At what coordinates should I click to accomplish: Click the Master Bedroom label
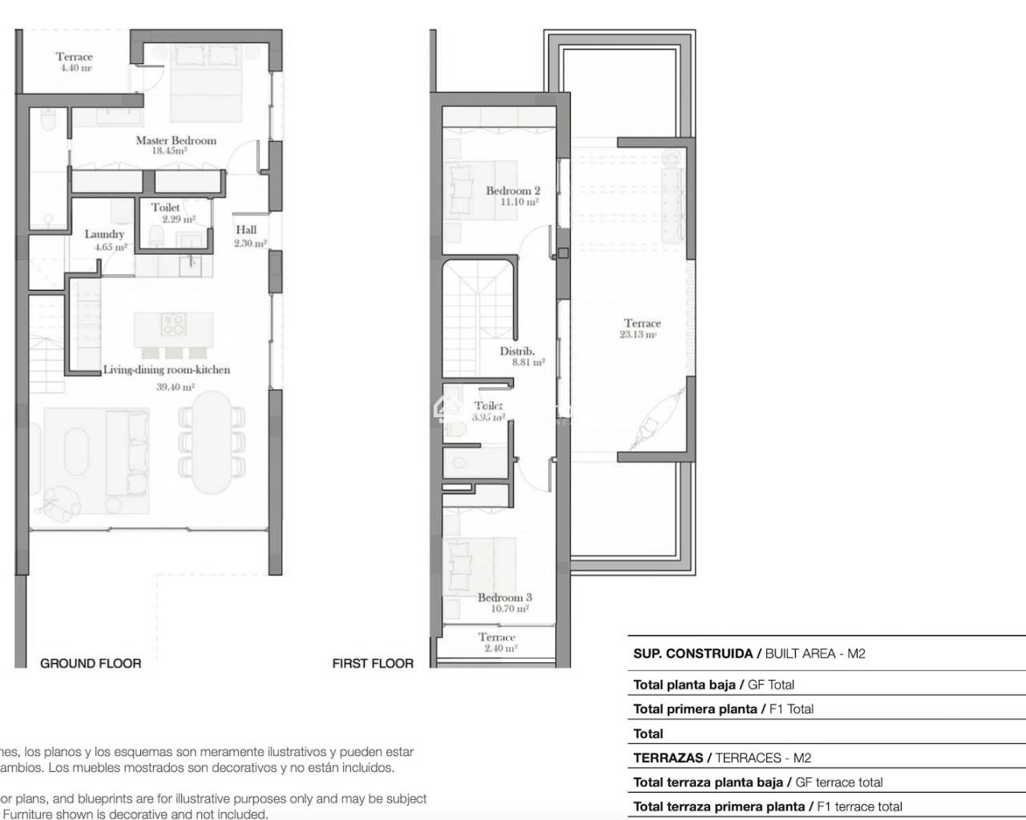[176, 140]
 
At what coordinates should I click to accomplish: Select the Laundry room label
[104, 235]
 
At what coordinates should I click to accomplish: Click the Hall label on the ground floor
[246, 230]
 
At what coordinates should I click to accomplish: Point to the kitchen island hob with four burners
[174, 324]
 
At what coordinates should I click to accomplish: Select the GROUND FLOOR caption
[91, 663]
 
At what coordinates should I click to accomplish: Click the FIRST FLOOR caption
[373, 663]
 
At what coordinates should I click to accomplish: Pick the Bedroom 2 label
[512, 191]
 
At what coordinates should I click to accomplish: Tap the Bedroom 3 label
[504, 597]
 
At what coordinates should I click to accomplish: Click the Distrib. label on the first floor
[517, 351]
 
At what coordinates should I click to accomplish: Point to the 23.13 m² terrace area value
[639, 335]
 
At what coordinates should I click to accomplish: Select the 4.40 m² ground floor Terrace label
[74, 57]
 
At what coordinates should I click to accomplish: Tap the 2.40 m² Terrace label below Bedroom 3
[497, 637]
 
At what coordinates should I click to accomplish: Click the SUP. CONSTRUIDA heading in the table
[693, 653]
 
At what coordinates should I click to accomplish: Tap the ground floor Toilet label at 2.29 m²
[166, 207]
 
